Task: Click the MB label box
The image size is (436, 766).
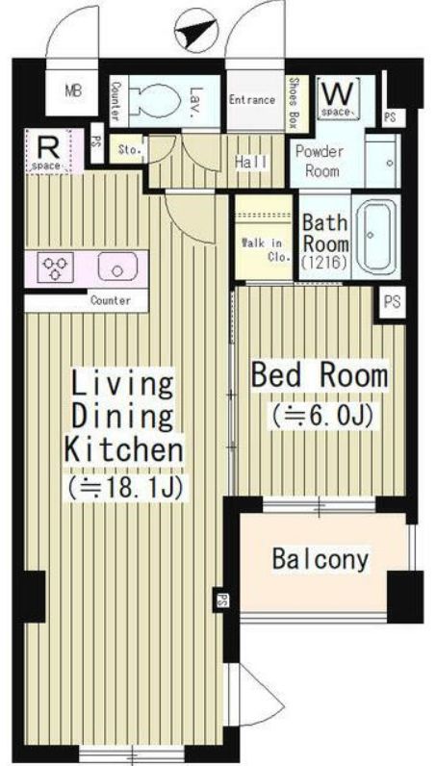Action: click(73, 92)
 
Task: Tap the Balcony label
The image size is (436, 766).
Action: click(321, 559)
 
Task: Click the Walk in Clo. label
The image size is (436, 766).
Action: click(262, 248)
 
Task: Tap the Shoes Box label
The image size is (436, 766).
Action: click(294, 99)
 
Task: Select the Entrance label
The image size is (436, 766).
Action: click(252, 99)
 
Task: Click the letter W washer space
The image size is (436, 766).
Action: click(337, 94)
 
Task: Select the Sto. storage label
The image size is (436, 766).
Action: click(128, 150)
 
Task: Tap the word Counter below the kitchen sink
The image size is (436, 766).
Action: click(111, 300)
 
